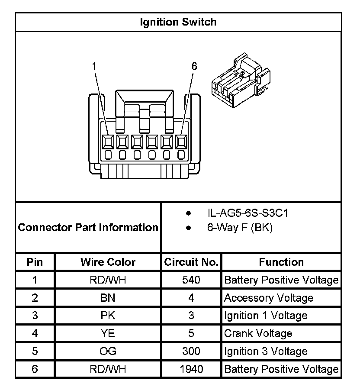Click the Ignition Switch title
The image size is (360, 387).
(x=178, y=22)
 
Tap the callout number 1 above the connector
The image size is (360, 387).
(x=94, y=66)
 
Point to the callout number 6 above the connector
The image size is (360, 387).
(x=194, y=66)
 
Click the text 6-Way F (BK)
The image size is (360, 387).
(x=240, y=228)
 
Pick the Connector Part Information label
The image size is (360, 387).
(x=88, y=227)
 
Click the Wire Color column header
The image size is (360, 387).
(x=108, y=262)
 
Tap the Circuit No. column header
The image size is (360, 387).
(x=191, y=262)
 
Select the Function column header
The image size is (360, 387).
(x=281, y=262)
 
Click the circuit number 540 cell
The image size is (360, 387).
(x=191, y=280)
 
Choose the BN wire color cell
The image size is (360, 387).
(x=108, y=298)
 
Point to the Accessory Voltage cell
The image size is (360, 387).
(x=268, y=298)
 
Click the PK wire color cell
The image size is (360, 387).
(x=108, y=316)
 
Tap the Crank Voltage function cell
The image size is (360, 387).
(x=258, y=333)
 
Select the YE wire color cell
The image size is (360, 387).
(x=108, y=333)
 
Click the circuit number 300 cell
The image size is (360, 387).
(x=191, y=351)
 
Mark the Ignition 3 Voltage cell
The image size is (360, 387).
(x=266, y=351)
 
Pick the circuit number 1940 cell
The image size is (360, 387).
(x=191, y=369)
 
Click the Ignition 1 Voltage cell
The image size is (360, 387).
(x=266, y=316)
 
